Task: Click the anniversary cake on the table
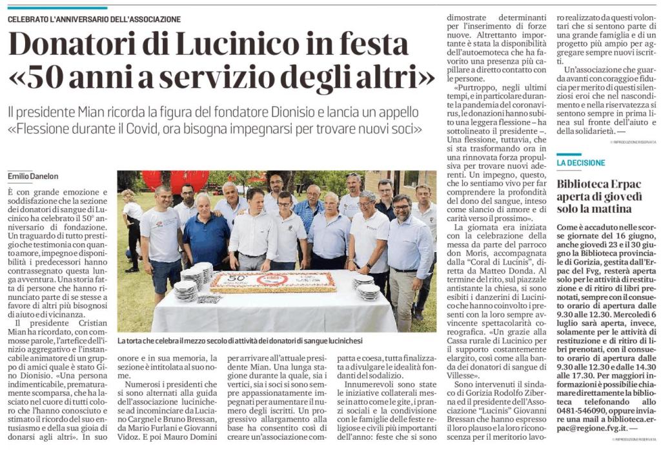[273, 281]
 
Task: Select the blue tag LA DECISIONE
[581, 162]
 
